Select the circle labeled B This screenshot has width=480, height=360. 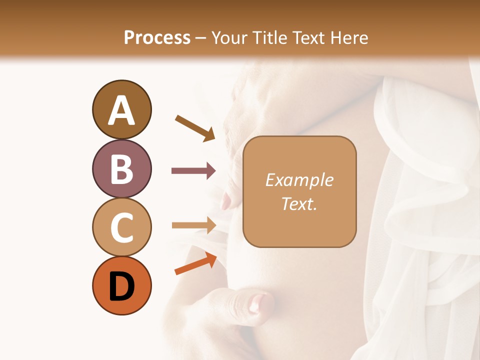click(x=121, y=168)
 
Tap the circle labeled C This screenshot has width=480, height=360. click(x=121, y=227)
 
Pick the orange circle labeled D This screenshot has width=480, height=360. click(x=121, y=286)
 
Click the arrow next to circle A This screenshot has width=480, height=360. click(x=195, y=128)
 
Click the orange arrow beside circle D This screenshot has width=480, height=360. click(x=195, y=264)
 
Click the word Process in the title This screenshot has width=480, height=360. click(x=157, y=38)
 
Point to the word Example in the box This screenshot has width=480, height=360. click(x=299, y=180)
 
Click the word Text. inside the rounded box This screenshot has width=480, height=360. click(x=299, y=203)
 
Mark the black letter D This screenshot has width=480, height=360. click(x=121, y=287)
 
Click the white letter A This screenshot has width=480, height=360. click(x=121, y=111)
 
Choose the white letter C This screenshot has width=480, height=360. click(x=121, y=227)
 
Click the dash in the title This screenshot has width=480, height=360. click(x=201, y=38)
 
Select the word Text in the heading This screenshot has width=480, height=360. click(x=308, y=38)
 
